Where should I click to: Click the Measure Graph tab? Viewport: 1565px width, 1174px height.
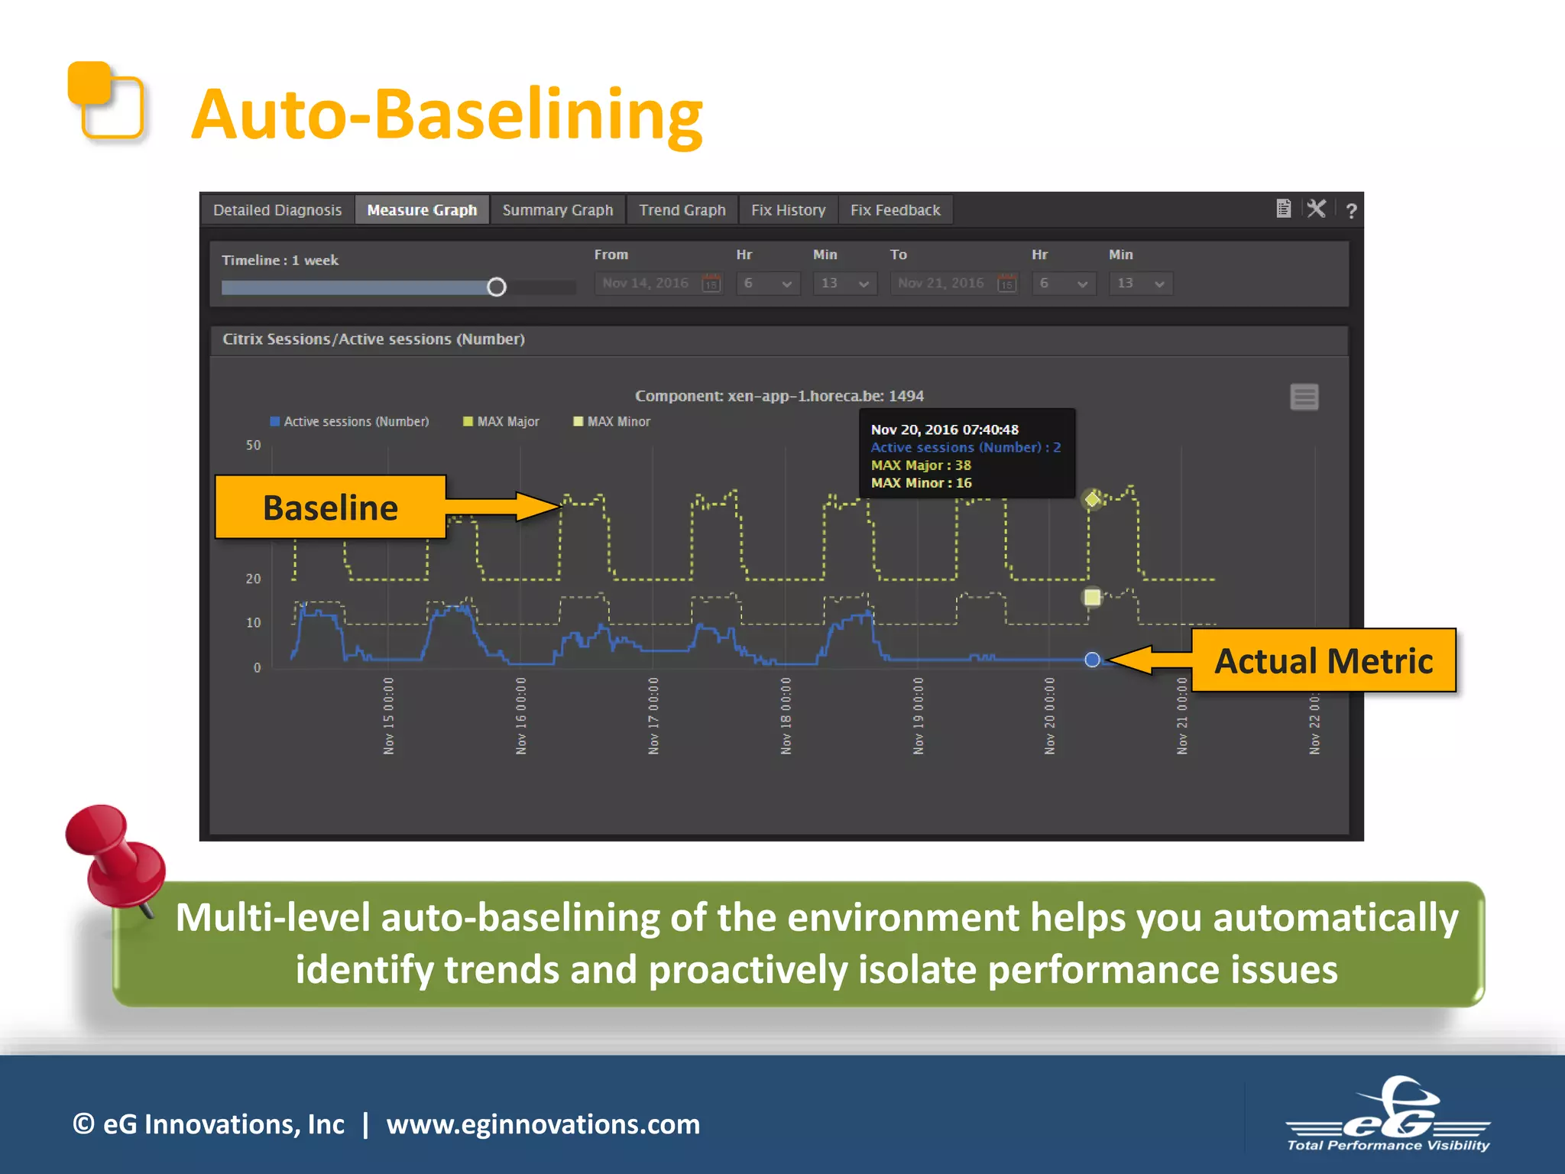(422, 210)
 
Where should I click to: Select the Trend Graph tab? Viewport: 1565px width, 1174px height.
(682, 210)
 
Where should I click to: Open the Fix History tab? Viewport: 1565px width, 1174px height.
(788, 210)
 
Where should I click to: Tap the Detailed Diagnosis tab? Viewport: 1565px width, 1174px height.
(277, 210)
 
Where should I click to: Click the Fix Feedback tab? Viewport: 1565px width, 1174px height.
(895, 210)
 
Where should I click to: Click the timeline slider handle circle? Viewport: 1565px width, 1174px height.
(497, 287)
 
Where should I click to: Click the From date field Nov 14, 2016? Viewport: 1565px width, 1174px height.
(646, 284)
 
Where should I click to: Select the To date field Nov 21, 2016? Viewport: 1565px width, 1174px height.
(941, 284)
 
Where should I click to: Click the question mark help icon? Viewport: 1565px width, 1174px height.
(1351, 211)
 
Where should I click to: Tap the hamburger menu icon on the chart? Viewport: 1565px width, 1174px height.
(1304, 397)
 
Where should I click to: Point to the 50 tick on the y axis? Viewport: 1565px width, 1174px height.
(254, 446)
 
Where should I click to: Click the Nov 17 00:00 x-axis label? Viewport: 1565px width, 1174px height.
(653, 715)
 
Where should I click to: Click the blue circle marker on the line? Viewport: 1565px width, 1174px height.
(1092, 660)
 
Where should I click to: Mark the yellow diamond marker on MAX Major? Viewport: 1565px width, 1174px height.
(1093, 500)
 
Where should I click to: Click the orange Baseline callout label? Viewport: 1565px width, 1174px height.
(331, 508)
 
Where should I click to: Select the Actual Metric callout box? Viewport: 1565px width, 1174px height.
(1323, 661)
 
